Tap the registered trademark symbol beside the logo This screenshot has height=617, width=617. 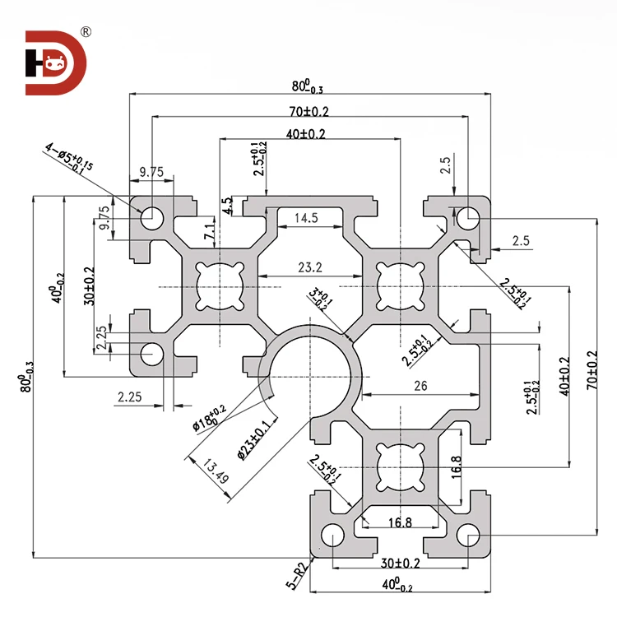pos(86,32)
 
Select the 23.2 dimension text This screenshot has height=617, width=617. pos(310,267)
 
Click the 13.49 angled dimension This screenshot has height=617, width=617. pos(211,474)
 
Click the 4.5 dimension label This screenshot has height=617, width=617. pos(228,205)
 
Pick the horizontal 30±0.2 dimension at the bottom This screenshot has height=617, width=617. pos(401,564)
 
